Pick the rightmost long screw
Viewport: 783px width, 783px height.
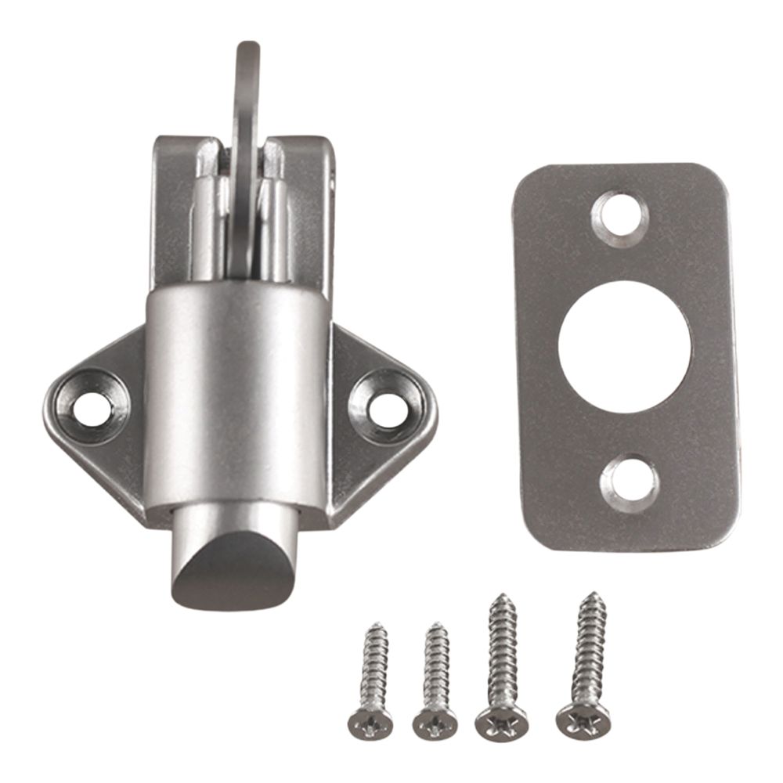(x=583, y=666)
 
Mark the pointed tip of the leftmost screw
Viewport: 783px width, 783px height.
(x=379, y=626)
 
